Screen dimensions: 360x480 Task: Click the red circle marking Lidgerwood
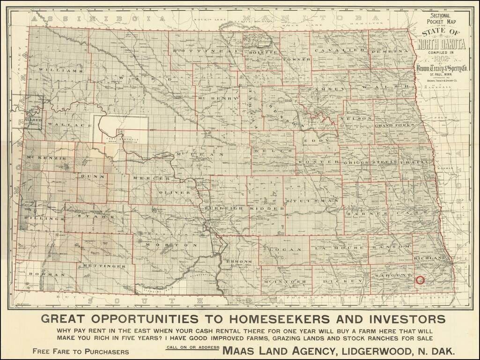pyautogui.click(x=420, y=280)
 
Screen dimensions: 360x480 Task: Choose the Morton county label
pyautogui.click(x=171, y=245)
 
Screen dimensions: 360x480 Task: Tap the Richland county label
pyautogui.click(x=430, y=258)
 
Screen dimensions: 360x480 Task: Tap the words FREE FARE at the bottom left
pyautogui.click(x=54, y=351)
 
